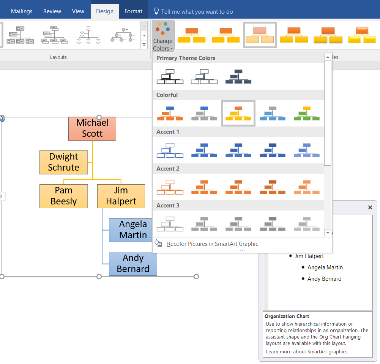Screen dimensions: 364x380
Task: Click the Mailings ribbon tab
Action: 22,11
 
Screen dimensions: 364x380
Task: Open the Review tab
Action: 52,11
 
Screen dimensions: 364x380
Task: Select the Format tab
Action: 133,11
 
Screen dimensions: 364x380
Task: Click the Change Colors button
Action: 163,36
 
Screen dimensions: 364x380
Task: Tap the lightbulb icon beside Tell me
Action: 156,11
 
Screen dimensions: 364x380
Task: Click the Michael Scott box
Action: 92,128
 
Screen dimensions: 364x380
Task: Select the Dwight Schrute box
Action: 63,162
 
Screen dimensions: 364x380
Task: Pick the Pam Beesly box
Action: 63,196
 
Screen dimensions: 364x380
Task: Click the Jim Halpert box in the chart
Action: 121,196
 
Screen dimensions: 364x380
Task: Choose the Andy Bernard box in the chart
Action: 133,264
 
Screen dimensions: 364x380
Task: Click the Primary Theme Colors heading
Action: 186,58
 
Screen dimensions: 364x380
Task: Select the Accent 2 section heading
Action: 168,169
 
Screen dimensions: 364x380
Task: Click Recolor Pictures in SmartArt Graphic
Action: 212,244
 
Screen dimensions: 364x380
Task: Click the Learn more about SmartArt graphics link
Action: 306,352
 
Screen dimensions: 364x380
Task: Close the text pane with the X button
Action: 370,207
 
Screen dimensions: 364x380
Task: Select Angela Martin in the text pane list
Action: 325,267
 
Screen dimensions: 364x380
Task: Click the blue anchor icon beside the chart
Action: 2,119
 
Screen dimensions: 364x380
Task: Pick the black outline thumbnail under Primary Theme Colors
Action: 170,76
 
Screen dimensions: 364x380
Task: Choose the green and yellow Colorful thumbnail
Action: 307,113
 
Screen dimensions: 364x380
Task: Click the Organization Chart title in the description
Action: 287,317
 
